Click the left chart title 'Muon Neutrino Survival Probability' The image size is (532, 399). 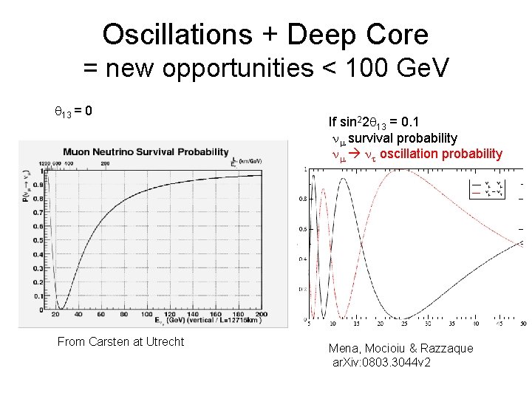pos(146,152)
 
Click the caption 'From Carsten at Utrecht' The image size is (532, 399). pos(120,341)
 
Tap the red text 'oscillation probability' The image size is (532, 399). pos(440,154)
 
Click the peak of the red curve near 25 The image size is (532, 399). pos(404,171)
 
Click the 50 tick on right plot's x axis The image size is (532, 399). pos(523,324)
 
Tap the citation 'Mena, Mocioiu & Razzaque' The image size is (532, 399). pos(400,348)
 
